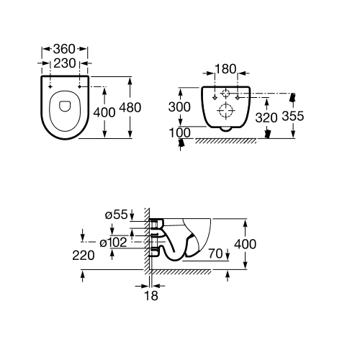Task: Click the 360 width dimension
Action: click(64, 49)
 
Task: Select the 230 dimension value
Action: click(65, 63)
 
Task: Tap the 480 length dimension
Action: click(130, 107)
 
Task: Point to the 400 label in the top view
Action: click(104, 112)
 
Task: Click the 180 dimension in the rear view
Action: click(225, 69)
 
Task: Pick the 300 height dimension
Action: click(179, 107)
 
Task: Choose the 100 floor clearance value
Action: click(180, 132)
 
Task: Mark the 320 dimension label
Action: click(266, 117)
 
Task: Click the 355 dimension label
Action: click(293, 116)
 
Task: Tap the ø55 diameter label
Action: click(116, 215)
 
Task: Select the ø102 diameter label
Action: click(113, 243)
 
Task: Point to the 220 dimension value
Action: click(84, 256)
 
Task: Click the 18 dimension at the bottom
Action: click(151, 296)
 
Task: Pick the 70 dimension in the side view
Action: click(215, 253)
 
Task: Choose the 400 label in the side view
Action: click(246, 244)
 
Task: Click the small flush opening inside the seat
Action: click(65, 106)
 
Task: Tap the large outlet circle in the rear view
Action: click(225, 110)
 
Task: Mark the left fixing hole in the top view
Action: click(50, 86)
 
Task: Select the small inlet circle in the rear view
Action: click(225, 93)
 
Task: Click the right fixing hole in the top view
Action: click(80, 86)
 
